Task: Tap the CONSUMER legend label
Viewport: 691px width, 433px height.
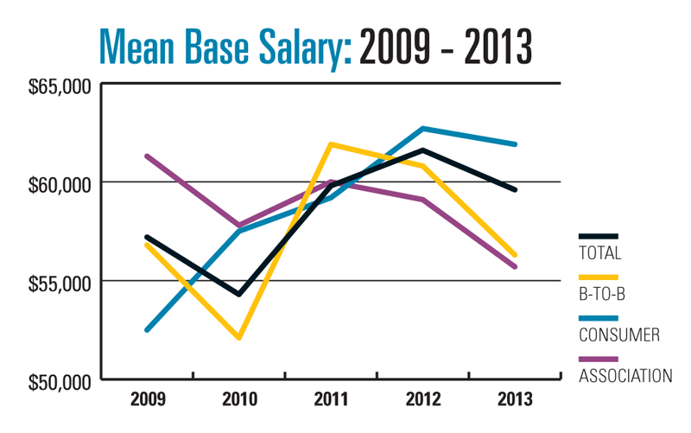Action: (x=618, y=334)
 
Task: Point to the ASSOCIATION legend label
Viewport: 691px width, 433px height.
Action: (x=625, y=375)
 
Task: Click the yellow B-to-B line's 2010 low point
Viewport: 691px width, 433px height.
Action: (x=238, y=337)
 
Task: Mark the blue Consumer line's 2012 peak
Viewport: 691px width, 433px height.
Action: (x=422, y=129)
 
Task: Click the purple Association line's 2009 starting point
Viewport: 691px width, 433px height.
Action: (x=148, y=156)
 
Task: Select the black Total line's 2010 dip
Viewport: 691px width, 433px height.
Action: (x=238, y=294)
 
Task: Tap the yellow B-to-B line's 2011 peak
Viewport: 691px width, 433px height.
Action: (x=330, y=144)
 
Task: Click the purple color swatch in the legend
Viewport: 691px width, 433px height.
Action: (x=599, y=359)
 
